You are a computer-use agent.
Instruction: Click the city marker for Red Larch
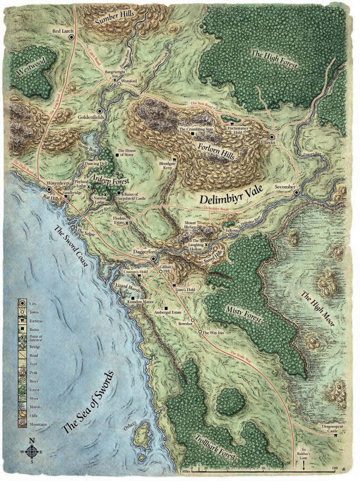pos(71,37)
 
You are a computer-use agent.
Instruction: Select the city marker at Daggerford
pos(154,259)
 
